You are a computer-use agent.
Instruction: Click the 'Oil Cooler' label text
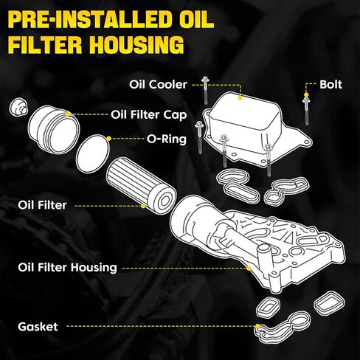(158, 85)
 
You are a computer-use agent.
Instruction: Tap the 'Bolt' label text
(330, 85)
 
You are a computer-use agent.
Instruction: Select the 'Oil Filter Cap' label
(148, 115)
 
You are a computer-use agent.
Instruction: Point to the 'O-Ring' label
(167, 139)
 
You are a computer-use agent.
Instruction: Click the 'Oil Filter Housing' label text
(67, 268)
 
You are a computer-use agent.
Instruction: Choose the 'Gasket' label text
(38, 327)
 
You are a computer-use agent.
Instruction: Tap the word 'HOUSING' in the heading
(136, 44)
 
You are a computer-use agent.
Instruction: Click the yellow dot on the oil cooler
(240, 98)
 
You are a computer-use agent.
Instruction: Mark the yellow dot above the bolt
(306, 94)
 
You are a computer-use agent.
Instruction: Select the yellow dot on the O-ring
(109, 139)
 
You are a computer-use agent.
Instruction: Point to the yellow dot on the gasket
(257, 326)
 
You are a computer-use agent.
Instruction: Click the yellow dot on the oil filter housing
(249, 268)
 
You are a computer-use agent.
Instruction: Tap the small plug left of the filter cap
(18, 107)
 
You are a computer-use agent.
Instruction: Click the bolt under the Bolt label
(306, 111)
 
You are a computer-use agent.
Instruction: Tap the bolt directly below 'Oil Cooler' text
(205, 90)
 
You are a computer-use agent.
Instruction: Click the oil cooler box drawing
(256, 128)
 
